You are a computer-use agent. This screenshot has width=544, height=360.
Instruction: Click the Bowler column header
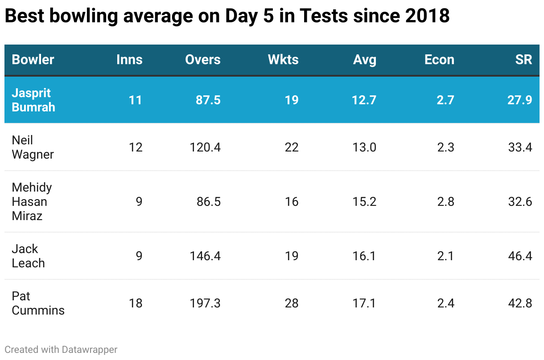tap(33, 60)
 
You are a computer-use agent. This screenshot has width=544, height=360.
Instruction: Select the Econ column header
tap(439, 60)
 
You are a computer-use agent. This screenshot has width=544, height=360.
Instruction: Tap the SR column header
tap(523, 60)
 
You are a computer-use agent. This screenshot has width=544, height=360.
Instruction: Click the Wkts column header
tap(283, 60)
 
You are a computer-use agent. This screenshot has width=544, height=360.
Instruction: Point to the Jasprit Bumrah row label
tap(33, 100)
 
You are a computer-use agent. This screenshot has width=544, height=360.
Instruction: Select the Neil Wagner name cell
tap(33, 147)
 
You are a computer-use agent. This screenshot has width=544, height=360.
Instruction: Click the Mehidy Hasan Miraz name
tap(32, 201)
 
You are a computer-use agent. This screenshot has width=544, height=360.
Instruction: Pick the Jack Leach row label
tap(28, 256)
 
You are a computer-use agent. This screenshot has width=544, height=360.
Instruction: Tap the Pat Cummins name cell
tap(38, 303)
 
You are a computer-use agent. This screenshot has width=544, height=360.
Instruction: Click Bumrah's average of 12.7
tap(364, 100)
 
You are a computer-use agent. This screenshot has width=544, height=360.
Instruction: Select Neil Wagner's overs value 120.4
tap(205, 147)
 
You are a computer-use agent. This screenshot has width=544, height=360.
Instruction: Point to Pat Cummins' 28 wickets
tap(291, 303)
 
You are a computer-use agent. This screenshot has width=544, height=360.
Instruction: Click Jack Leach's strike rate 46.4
tap(520, 256)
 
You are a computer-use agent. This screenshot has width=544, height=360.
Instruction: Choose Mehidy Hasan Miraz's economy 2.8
tap(445, 202)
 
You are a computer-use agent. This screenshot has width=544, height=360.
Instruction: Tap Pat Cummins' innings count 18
tap(136, 303)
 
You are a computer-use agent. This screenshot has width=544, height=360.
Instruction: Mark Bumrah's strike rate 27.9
tap(520, 100)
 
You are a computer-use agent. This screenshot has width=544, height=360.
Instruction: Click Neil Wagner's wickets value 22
tap(291, 147)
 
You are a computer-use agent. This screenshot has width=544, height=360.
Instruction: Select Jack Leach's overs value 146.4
tap(205, 256)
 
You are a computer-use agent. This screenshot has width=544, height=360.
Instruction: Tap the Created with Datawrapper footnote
tap(61, 350)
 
